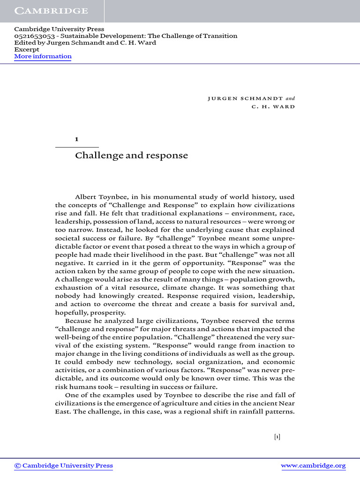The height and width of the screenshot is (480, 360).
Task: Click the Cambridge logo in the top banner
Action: [x=51, y=11]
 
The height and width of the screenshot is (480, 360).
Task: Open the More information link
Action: [x=43, y=56]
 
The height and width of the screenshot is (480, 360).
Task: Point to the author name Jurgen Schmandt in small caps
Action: [x=245, y=98]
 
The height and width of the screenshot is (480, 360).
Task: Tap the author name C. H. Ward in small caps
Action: [x=273, y=106]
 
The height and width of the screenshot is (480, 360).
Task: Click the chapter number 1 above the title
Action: [x=77, y=139]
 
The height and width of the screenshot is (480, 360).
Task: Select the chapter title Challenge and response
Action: [x=131, y=156]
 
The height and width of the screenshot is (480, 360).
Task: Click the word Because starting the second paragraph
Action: [x=79, y=321]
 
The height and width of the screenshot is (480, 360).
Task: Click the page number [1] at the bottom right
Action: [x=277, y=437]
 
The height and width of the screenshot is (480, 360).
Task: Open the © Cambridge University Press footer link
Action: [x=64, y=465]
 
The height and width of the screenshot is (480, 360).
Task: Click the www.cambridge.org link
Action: [x=313, y=465]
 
